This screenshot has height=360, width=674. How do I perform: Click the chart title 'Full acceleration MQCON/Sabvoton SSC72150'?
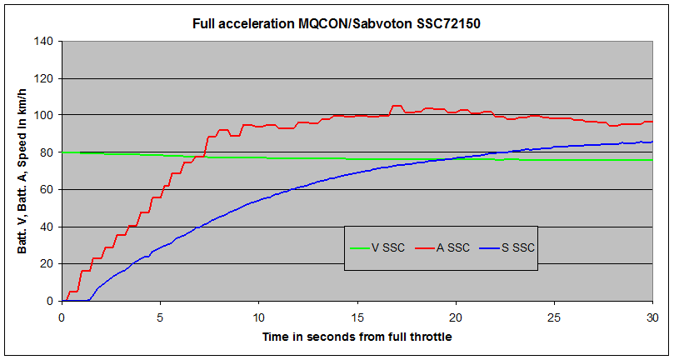coord(337,23)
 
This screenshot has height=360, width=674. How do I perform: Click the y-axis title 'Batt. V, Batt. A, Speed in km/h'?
coord(22,171)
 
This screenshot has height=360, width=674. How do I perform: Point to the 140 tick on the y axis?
coord(45,42)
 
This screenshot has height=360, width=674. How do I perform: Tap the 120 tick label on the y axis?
coord(45,78)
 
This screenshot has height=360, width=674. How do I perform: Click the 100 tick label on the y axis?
coord(45,115)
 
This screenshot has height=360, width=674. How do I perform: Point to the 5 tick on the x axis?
coord(160,317)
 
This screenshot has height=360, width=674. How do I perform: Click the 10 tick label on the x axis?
coord(258,317)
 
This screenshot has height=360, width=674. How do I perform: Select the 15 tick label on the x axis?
coord(357,317)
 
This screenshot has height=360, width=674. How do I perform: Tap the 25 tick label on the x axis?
coord(554,317)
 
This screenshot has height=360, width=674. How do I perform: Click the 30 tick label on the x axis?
coord(652,317)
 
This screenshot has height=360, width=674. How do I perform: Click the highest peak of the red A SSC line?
coord(397,106)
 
